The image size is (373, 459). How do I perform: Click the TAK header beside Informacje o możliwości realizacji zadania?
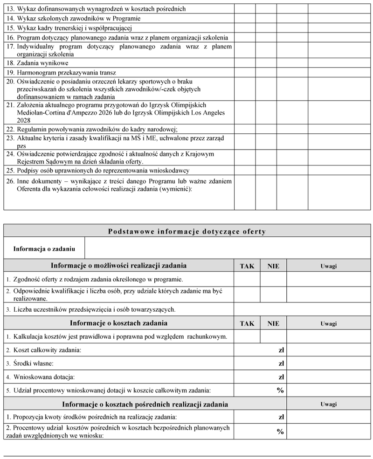tap(247, 266)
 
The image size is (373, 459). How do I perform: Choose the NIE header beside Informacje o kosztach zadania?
tap(273, 323)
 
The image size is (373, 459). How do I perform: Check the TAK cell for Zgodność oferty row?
tap(247, 279)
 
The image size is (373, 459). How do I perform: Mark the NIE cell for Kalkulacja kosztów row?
tap(273, 336)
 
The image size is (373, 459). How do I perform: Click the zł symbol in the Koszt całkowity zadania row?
tap(281, 350)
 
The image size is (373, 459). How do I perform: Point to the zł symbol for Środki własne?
tap(281, 363)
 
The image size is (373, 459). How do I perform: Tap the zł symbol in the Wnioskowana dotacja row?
tap(281, 377)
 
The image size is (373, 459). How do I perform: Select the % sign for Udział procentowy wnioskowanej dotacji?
tap(280, 390)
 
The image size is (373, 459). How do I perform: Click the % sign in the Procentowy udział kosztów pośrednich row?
tap(280, 432)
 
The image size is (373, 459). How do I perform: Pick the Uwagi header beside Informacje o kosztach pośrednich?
tap(328, 404)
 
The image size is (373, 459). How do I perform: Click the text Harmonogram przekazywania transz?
tap(66, 73)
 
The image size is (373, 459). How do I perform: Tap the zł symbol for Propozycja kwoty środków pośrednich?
tap(281, 417)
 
